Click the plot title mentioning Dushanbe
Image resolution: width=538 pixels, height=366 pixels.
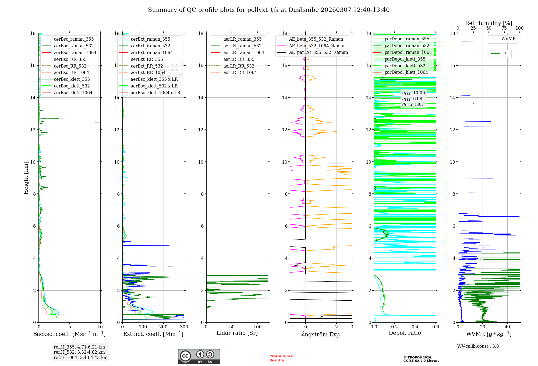[268, 10]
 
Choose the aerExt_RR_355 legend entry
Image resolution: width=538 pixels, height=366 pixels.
[147, 59]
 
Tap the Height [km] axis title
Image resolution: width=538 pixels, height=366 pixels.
[26, 178]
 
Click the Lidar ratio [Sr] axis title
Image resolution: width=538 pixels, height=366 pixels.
[237, 333]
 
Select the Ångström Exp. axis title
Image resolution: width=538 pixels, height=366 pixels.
[321, 335]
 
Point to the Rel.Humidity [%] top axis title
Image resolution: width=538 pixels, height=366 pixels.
[489, 23]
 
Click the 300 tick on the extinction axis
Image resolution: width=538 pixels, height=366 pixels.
[184, 327]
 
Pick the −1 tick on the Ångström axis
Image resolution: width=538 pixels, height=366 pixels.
[290, 327]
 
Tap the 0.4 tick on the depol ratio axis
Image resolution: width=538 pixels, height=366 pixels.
[415, 327]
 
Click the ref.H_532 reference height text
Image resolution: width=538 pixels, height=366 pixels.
[79, 352]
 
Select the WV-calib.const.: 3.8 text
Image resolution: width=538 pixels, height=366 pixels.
[478, 346]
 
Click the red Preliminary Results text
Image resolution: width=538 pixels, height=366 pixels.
[281, 358]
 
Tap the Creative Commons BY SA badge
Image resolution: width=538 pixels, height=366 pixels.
[199, 357]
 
